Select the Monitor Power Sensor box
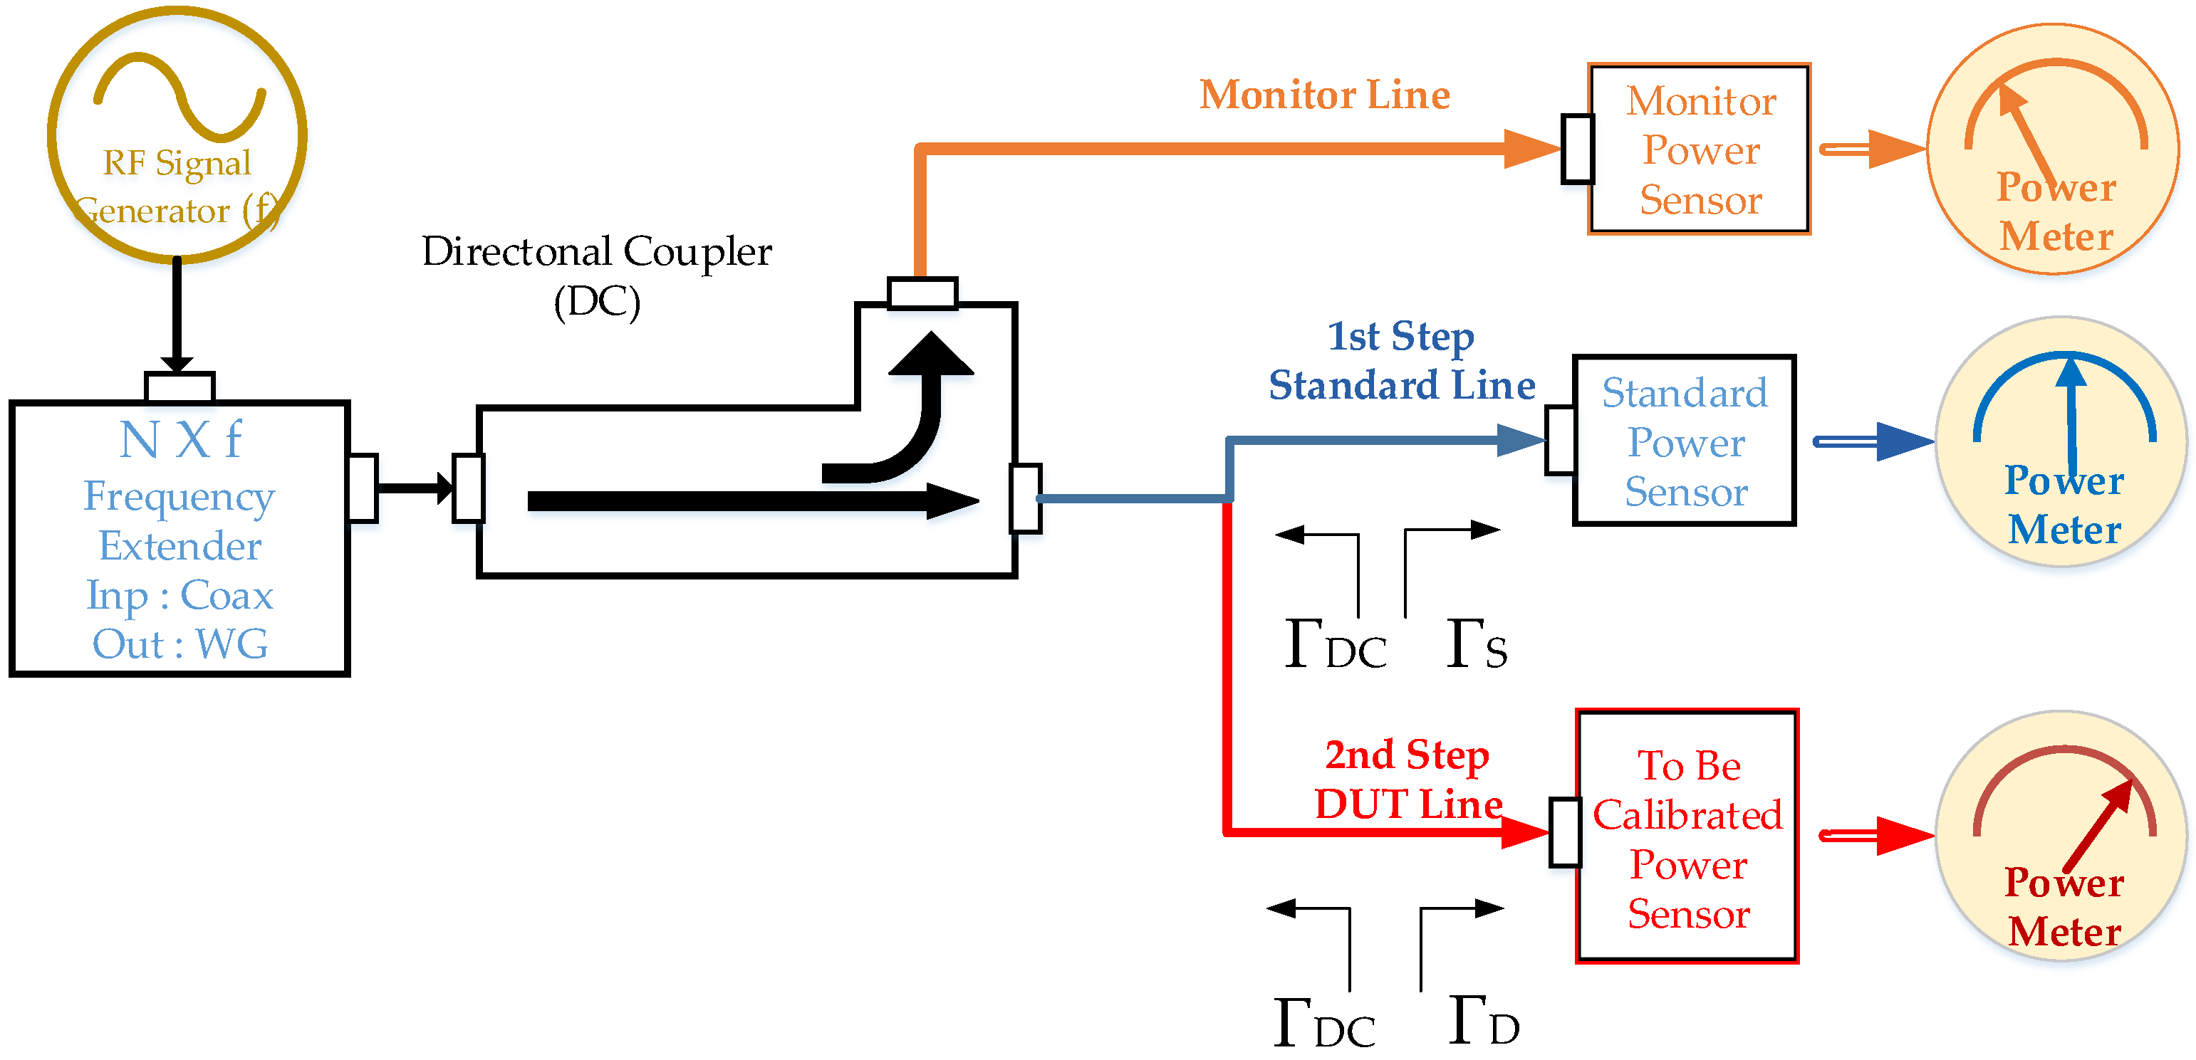pos(1699,149)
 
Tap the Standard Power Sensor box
pos(1685,441)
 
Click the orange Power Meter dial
pos(2054,149)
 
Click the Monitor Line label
pos(1325,95)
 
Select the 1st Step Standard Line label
pos(1402,360)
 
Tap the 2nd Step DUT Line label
pos(1408,780)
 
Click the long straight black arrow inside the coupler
pos(750,501)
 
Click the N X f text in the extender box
pos(180,440)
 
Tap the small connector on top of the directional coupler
pos(922,293)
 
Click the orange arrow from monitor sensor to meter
pos(1871,149)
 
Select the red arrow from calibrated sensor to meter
pos(1875,835)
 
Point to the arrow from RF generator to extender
pos(177,315)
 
